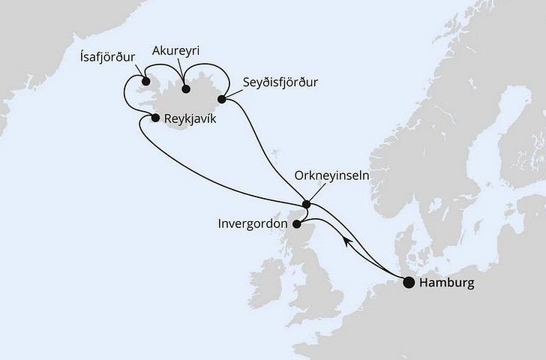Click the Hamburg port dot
pyautogui.click(x=409, y=283)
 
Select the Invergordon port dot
pyautogui.click(x=296, y=223)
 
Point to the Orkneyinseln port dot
pyautogui.click(x=306, y=203)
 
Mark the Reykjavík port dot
pyautogui.click(x=155, y=118)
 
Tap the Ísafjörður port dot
pyautogui.click(x=145, y=82)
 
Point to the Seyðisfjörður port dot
pyautogui.click(x=221, y=98)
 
